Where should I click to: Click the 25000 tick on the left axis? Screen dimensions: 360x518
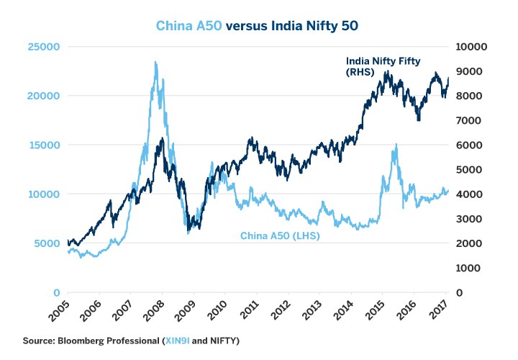45,47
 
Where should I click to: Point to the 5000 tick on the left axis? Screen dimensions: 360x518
47,243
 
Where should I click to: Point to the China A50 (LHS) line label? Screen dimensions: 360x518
279,235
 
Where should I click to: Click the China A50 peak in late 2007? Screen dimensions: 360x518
155,63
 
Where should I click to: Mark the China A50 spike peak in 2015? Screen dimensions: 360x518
395,145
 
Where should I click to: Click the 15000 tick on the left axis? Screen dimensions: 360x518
45,145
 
